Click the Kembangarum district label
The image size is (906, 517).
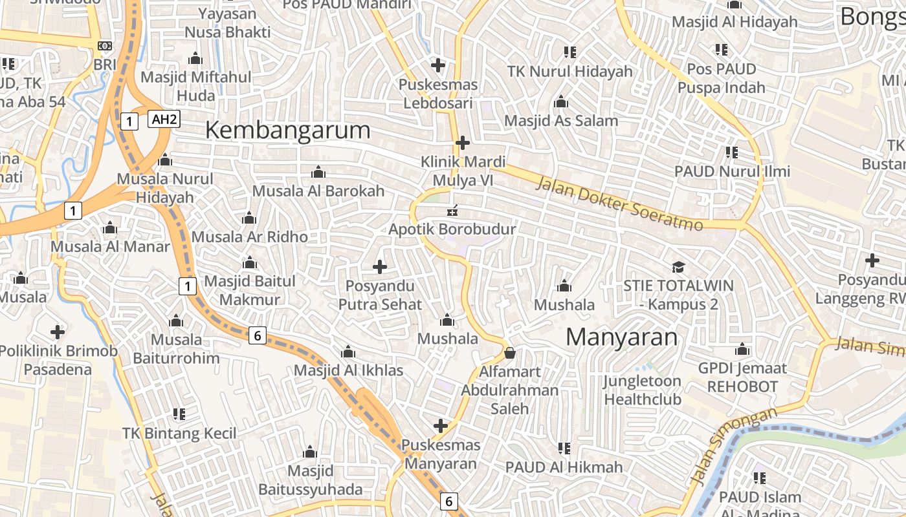(x=288, y=131)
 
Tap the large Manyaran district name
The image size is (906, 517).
(x=622, y=337)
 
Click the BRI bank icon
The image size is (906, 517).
(x=104, y=46)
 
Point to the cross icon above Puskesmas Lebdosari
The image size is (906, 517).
(x=438, y=65)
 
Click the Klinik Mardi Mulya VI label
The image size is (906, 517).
(x=463, y=171)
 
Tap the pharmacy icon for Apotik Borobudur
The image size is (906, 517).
(x=452, y=210)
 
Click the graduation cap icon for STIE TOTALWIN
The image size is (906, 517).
(x=678, y=267)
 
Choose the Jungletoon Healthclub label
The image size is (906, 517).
(x=642, y=390)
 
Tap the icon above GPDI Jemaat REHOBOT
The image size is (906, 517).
(x=742, y=350)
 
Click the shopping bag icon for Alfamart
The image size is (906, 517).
(x=510, y=353)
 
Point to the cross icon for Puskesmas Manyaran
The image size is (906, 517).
(x=441, y=425)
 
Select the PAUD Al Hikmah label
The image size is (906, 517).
(x=564, y=467)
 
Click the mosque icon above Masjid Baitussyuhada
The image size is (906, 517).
(x=310, y=452)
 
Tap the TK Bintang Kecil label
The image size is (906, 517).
(x=180, y=433)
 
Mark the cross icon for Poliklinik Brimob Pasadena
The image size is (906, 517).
(x=58, y=332)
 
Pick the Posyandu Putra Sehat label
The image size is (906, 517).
(x=380, y=295)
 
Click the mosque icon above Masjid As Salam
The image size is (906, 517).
(x=561, y=102)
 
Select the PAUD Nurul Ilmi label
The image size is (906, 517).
(x=732, y=171)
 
